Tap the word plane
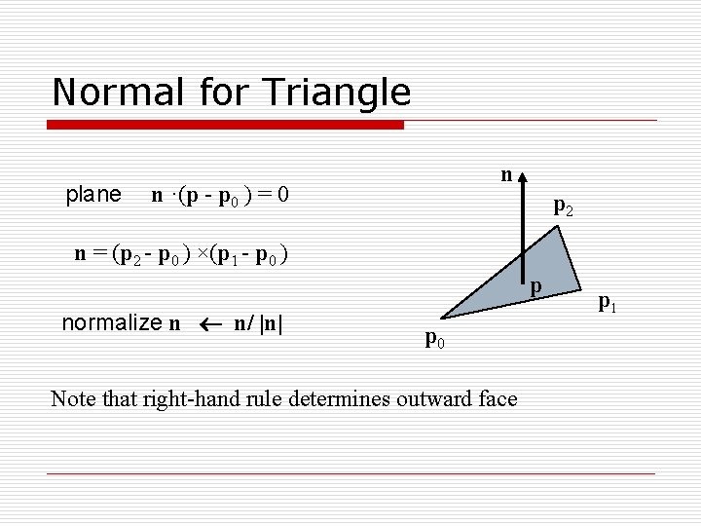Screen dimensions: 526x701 [x=92, y=195]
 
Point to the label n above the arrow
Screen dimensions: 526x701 [x=505, y=174]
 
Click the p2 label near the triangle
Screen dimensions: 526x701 [x=563, y=206]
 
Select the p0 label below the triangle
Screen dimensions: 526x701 [x=435, y=339]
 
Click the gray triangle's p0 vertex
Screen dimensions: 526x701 [x=440, y=318]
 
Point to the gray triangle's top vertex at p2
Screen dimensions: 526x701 [x=560, y=227]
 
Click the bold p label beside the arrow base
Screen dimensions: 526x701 [x=535, y=285]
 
